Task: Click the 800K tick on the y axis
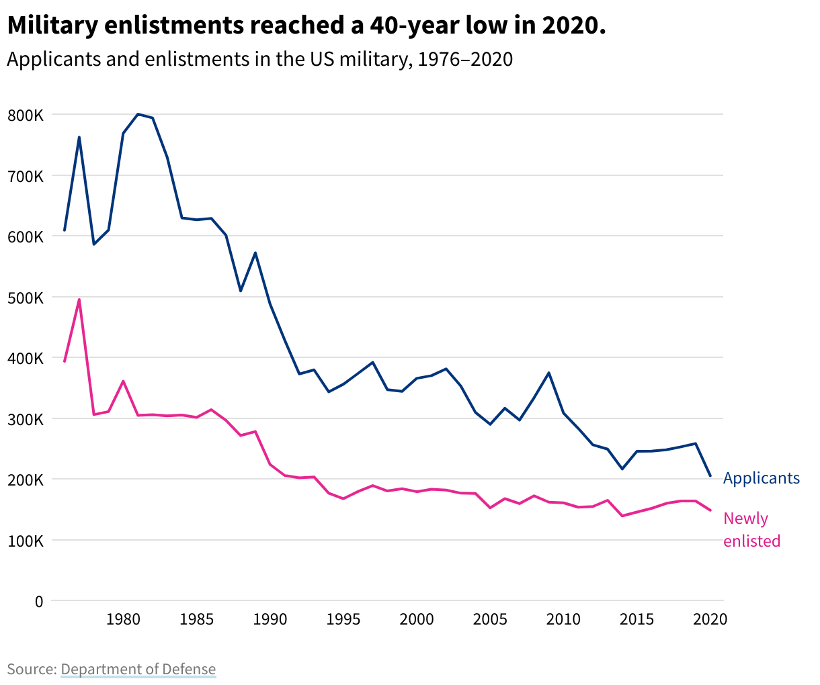tap(26, 115)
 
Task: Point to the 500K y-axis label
tap(26, 298)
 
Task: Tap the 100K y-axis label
tap(26, 541)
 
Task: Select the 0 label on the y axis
tap(39, 602)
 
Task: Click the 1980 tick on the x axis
tap(123, 619)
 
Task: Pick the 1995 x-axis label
tap(343, 619)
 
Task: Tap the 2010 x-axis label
tap(563, 619)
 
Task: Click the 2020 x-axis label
tap(710, 619)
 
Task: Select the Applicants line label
tap(762, 478)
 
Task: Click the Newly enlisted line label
tap(751, 530)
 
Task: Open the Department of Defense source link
tap(138, 669)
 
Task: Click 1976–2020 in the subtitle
tap(465, 59)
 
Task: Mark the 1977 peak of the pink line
tap(79, 300)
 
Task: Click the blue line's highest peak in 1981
tap(138, 114)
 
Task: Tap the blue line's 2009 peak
tap(549, 373)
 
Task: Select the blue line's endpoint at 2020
tap(710, 476)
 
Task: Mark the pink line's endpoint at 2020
tap(710, 510)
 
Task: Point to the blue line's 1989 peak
tap(255, 253)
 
